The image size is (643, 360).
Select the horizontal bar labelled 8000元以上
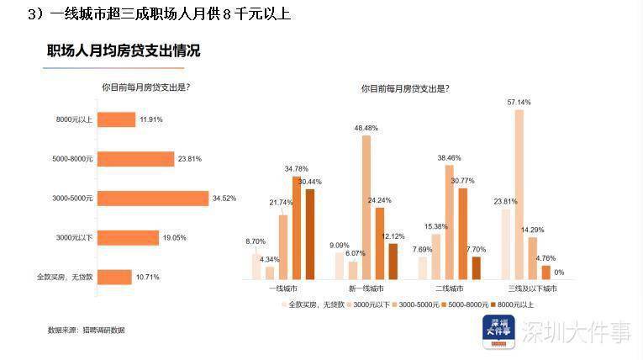(117, 119)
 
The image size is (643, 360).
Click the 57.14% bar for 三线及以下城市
(519, 193)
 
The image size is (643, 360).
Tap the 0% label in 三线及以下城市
(559, 272)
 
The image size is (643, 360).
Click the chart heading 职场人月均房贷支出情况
(124, 51)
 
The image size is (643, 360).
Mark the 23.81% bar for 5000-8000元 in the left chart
(135, 159)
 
